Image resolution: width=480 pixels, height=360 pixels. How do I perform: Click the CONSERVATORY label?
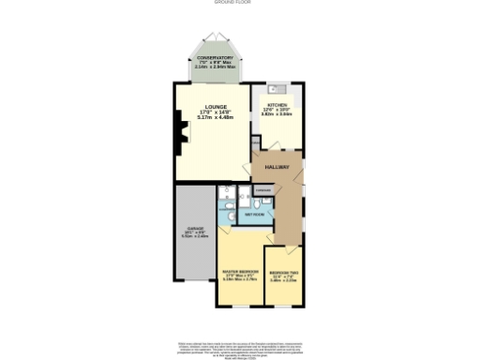215,58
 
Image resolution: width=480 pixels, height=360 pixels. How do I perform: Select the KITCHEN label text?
277,105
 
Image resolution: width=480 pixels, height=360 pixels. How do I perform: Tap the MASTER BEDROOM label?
240,272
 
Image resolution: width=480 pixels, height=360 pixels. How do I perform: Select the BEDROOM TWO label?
283,272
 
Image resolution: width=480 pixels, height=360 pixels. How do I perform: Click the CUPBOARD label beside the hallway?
263,189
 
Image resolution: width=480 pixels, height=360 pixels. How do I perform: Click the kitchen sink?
277,90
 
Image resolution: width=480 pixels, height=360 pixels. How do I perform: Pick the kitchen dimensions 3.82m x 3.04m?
277,114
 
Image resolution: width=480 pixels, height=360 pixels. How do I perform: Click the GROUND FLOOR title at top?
240,3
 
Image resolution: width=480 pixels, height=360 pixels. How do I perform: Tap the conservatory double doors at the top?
215,37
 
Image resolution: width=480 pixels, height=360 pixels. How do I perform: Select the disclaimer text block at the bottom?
240,347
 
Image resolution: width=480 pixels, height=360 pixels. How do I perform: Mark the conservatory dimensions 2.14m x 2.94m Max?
215,67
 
